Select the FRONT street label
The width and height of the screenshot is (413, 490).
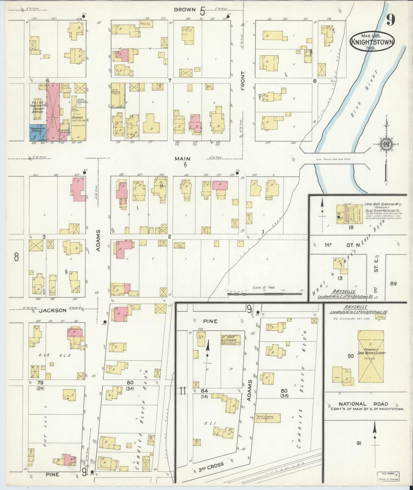pos(243,81)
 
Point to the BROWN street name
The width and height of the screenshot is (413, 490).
pos(185,10)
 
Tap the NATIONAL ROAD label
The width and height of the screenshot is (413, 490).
pos(363,404)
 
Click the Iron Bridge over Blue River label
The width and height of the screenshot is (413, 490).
pos(333,160)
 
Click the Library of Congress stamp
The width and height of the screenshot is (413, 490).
pos(388,476)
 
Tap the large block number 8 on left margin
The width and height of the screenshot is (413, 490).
pos(16,257)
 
